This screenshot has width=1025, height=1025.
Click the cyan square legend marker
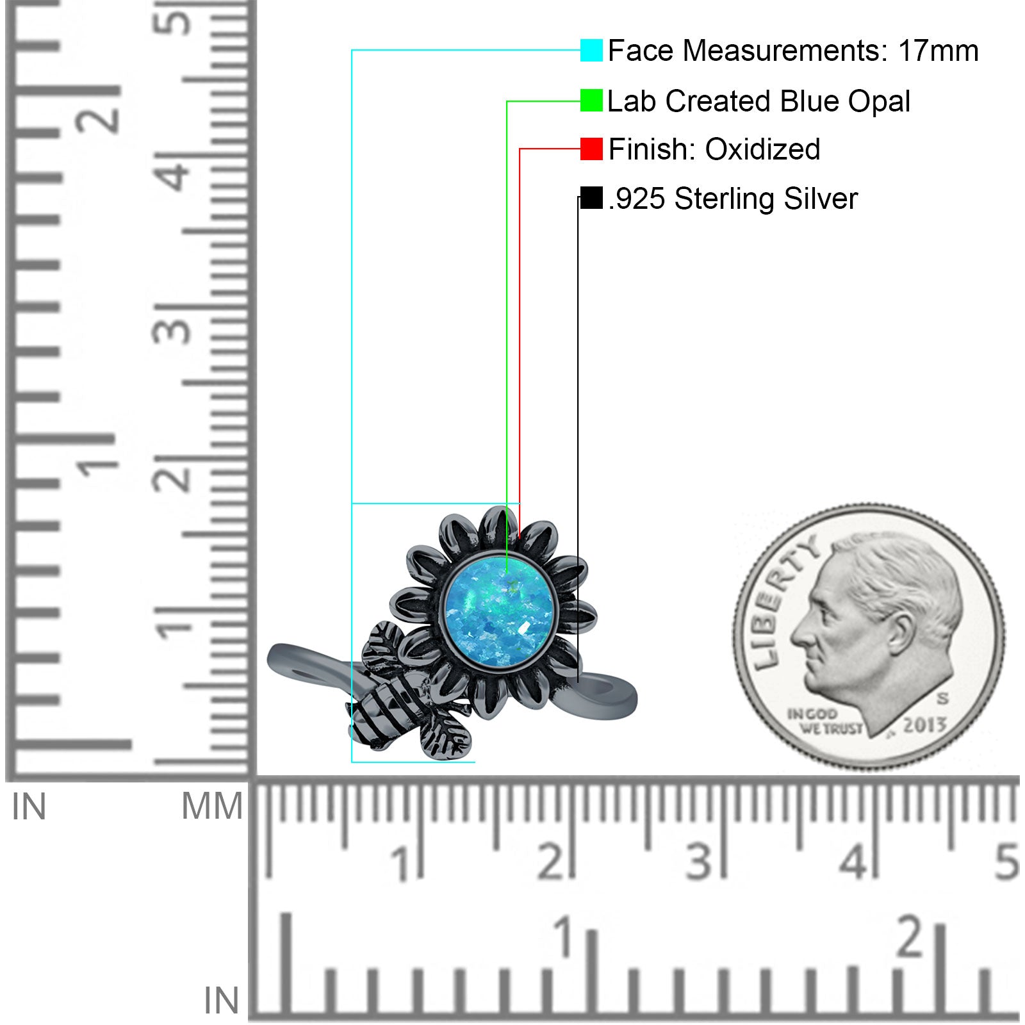[591, 50]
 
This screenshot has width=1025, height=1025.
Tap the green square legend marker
[591, 101]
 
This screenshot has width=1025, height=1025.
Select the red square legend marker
[591, 149]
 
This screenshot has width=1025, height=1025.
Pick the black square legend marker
[591, 197]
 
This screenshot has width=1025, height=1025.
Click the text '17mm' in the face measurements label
[938, 51]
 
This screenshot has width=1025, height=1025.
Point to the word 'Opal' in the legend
[879, 102]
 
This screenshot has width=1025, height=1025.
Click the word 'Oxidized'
[762, 149]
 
